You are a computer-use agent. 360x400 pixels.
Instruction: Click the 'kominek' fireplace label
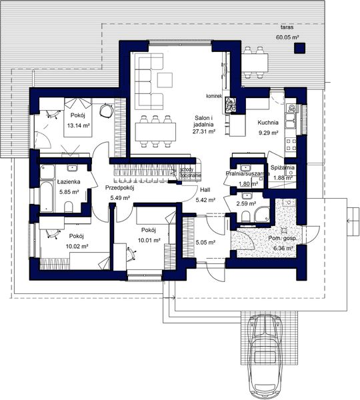(214, 95)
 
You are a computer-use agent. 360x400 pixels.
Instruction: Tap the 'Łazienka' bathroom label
(68, 181)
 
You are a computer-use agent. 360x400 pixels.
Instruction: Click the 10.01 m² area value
(148, 240)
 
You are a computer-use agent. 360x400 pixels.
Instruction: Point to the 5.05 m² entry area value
(205, 243)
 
